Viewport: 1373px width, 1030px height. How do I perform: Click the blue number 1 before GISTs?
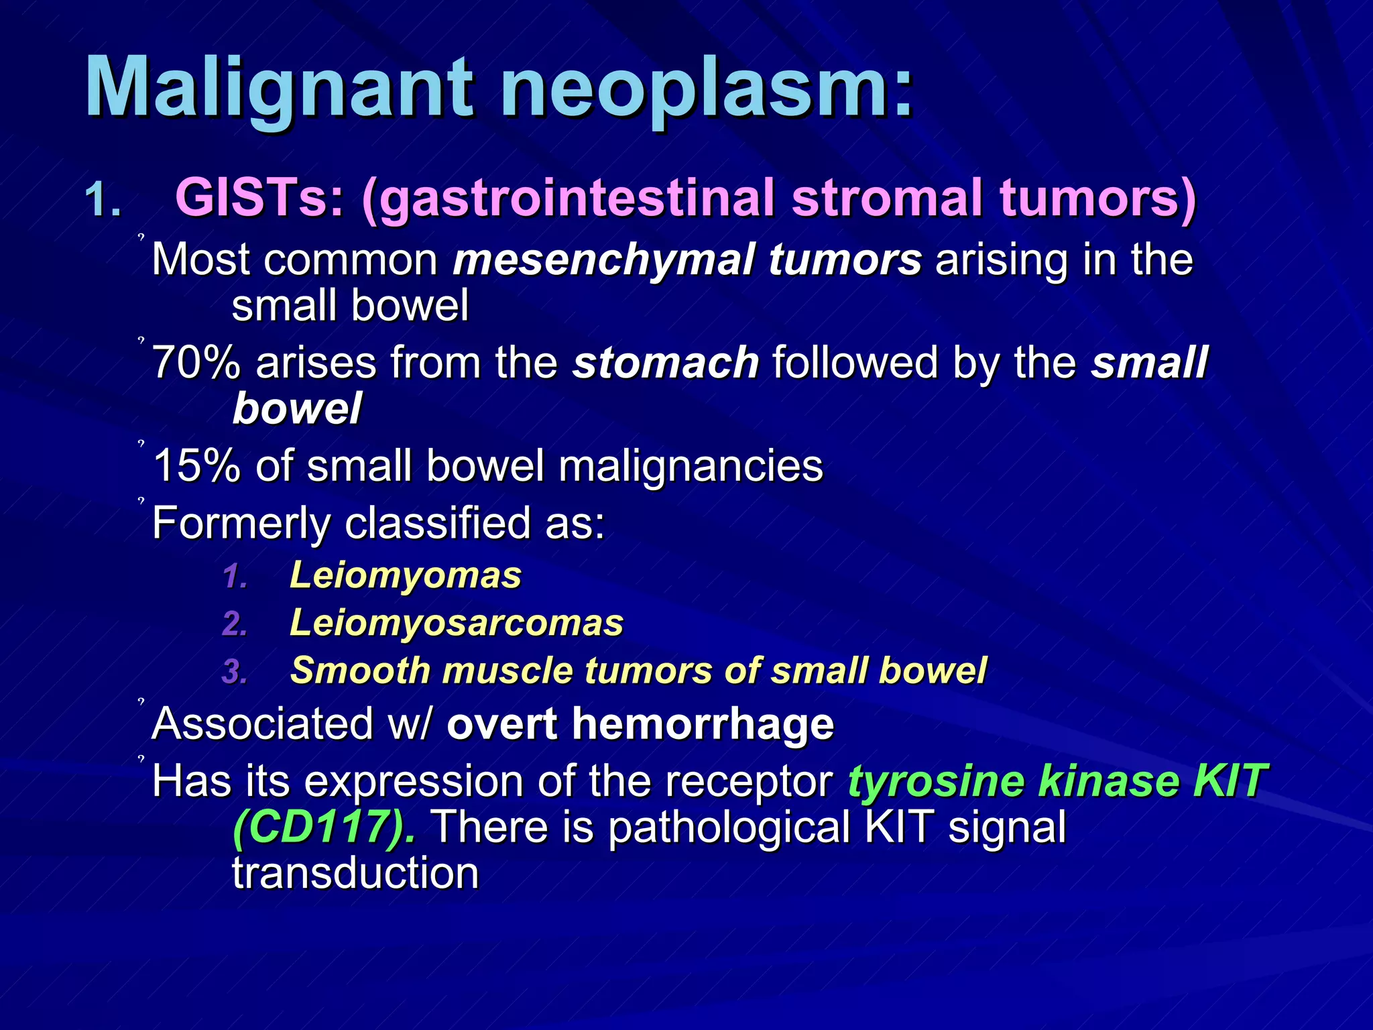[101, 201]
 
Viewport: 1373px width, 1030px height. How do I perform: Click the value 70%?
[196, 363]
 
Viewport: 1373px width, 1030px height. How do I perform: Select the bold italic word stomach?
[665, 363]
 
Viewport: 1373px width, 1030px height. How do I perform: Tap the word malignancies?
[690, 466]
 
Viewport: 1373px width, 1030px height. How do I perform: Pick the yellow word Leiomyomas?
[405, 576]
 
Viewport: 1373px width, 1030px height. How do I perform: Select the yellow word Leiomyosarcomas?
[456, 623]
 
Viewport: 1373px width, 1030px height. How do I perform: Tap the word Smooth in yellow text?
[359, 671]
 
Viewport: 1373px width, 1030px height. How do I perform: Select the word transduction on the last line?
[355, 874]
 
